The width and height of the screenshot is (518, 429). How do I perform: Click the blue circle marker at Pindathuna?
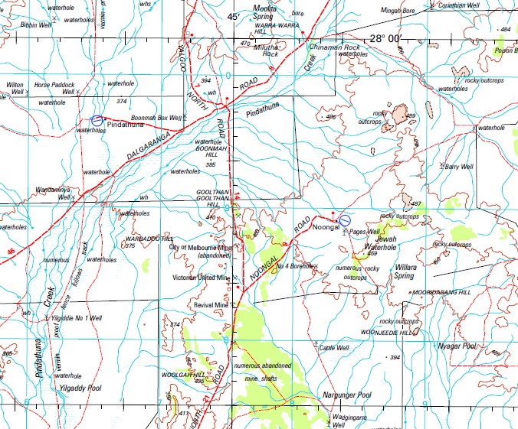pos(97,120)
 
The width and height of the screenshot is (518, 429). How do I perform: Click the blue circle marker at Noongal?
pos(344,220)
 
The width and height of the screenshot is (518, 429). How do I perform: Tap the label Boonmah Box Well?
pos(156,118)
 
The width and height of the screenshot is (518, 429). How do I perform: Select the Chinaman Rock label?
pos(334,47)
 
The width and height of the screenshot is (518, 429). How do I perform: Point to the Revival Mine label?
pos(211,304)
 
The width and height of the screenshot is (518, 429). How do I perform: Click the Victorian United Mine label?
pos(201,278)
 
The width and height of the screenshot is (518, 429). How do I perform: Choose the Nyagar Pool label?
pos(458,346)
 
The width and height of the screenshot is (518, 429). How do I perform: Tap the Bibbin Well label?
pos(34,25)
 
